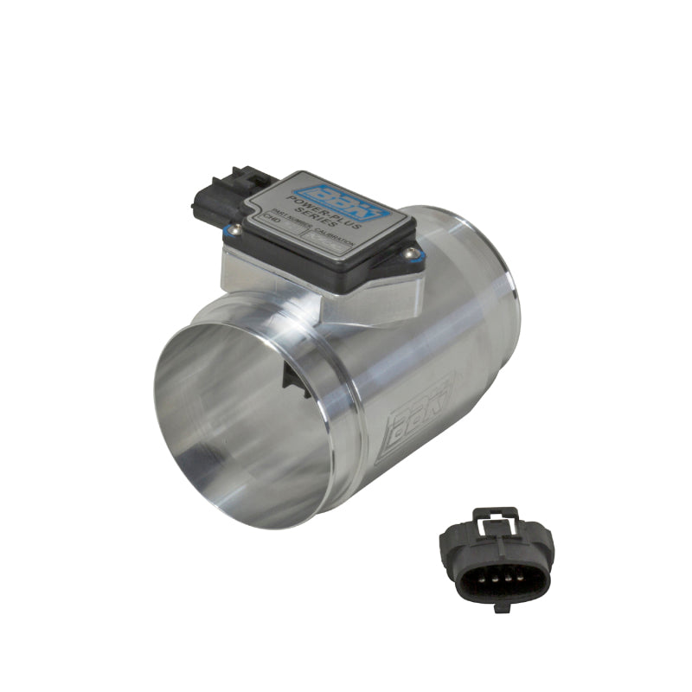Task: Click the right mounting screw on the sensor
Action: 413,253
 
